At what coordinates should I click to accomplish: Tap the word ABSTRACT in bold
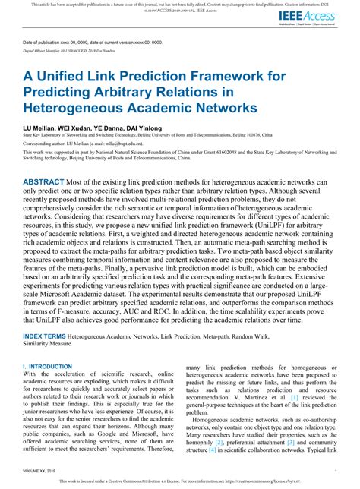(x=47, y=183)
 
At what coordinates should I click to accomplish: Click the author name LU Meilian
(x=40, y=128)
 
